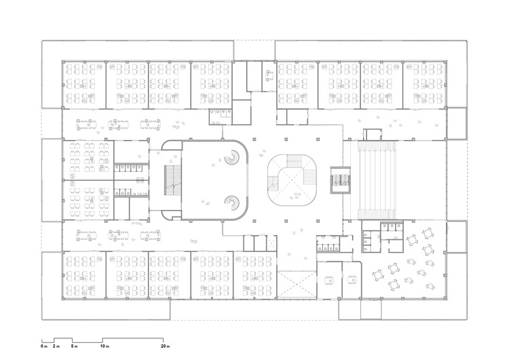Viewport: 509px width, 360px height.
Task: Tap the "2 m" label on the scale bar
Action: click(57, 346)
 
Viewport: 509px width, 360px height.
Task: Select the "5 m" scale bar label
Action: click(75, 346)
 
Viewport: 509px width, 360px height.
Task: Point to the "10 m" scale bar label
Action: click(105, 346)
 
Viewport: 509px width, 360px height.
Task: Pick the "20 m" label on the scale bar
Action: click(165, 346)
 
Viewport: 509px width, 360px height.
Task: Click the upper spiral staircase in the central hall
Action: click(232, 158)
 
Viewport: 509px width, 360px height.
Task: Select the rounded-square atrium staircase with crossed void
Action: click(292, 179)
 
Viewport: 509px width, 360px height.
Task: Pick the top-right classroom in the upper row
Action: click(424, 84)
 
